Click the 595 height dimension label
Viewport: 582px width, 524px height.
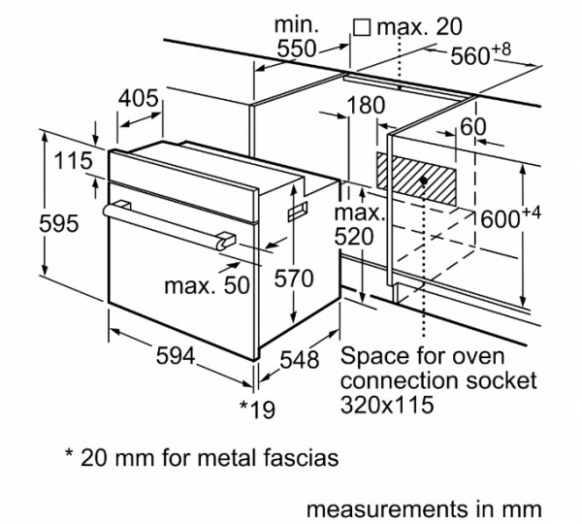point(59,224)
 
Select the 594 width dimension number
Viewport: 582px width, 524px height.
point(176,355)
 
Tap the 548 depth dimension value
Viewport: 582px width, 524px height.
point(299,359)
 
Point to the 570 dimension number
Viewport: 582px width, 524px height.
point(294,278)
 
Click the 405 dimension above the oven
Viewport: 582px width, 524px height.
point(139,98)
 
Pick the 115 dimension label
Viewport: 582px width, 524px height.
point(73,160)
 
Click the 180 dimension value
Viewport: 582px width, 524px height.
point(366,105)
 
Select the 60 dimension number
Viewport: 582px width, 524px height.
point(472,127)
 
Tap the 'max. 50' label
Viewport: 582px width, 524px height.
point(207,285)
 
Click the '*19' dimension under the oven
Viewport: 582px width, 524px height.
point(257,409)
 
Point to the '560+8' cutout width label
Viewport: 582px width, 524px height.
point(481,54)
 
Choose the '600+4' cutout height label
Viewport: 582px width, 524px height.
point(510,217)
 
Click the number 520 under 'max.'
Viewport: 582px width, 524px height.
point(354,237)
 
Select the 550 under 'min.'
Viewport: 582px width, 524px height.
point(297,49)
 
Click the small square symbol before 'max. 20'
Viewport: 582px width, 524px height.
point(362,28)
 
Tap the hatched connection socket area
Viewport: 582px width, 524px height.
point(416,179)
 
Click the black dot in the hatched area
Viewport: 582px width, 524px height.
point(423,180)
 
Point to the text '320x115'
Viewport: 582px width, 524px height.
point(387,405)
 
